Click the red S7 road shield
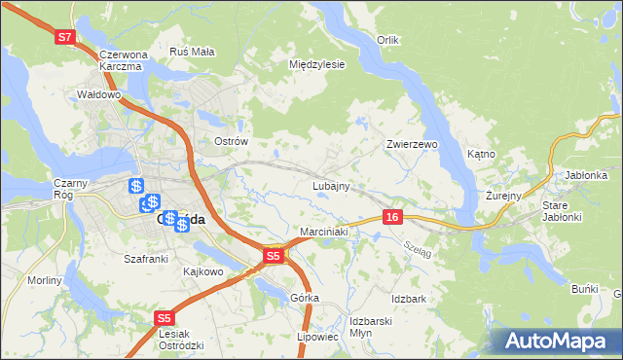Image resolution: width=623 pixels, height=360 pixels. pos(65,37)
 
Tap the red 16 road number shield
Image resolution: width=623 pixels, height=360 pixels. pos(391,216)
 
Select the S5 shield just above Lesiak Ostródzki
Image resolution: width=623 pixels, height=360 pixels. pos(165,317)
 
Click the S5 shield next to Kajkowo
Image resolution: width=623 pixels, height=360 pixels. pos(275,256)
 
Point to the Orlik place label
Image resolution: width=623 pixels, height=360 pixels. pos(389,40)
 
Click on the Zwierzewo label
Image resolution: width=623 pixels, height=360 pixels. pos(412,144)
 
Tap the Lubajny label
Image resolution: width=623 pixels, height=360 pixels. pos(331,185)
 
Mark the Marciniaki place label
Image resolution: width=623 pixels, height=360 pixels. pos(323,232)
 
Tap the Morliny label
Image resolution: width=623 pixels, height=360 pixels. pos(45,280)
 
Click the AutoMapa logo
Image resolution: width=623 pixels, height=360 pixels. pos(559,341)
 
